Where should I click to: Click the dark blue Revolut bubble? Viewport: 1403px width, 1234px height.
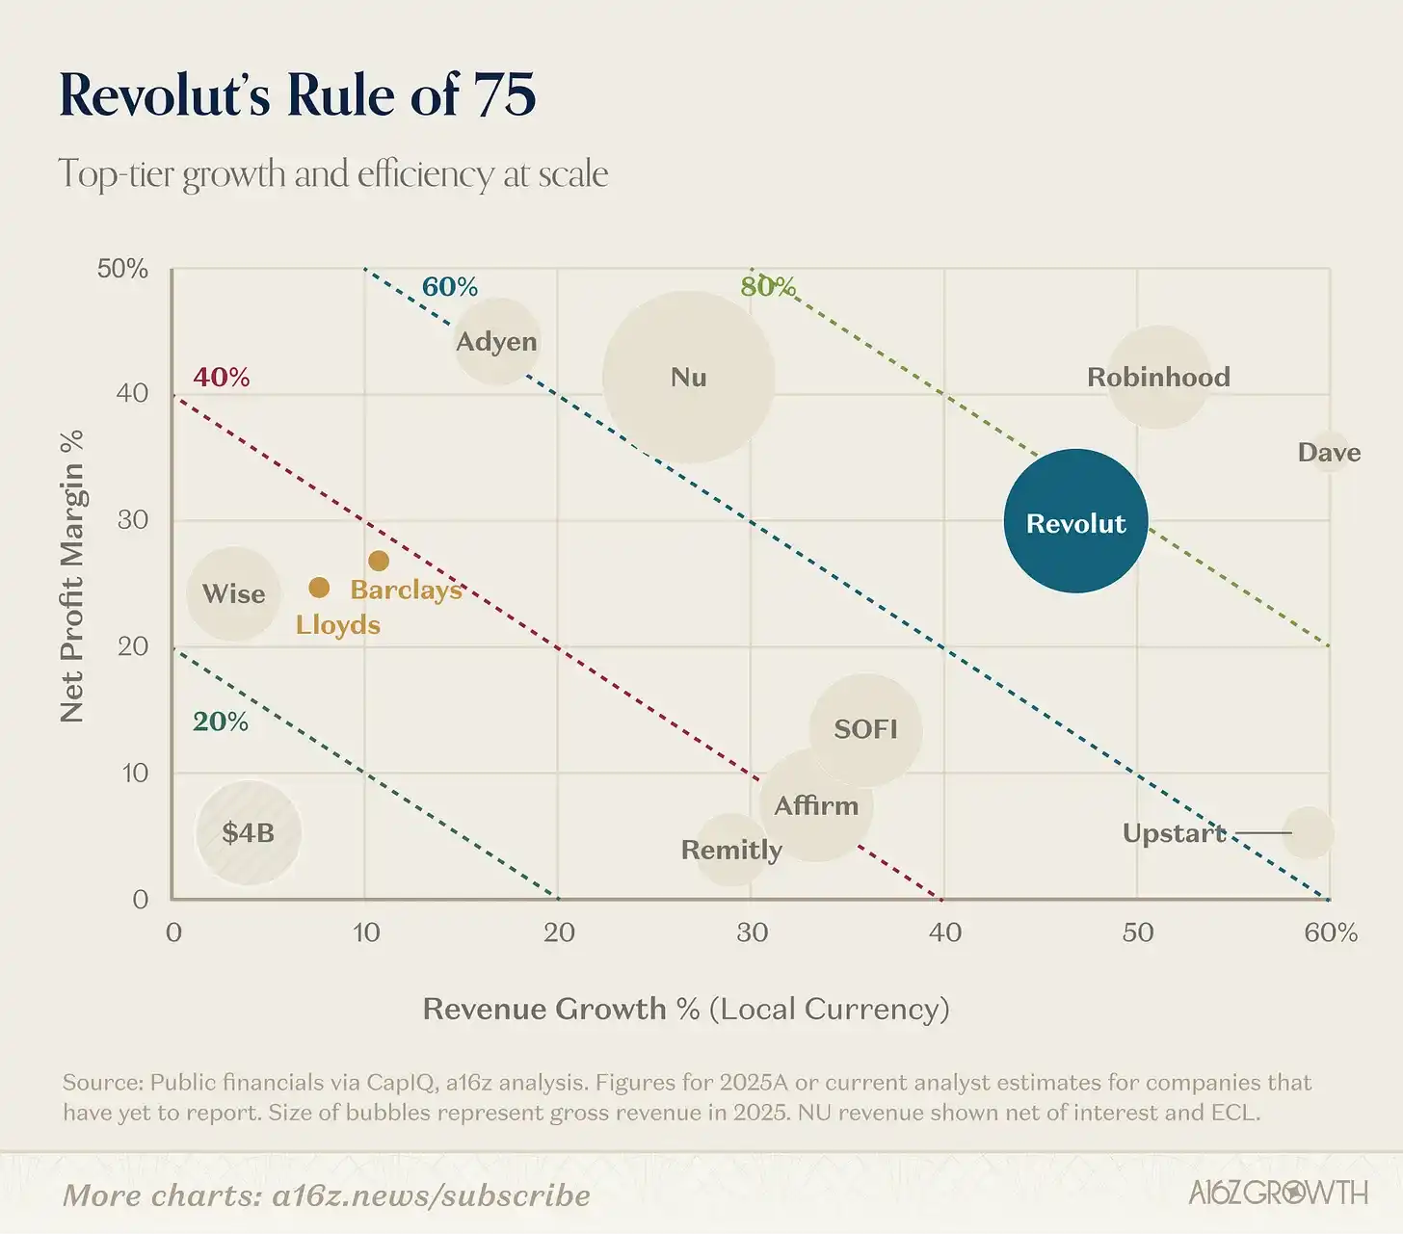point(1075,521)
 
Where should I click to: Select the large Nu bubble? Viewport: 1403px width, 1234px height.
point(688,377)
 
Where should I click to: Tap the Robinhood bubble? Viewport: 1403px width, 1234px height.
point(1158,377)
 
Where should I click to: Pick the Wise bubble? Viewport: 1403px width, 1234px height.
point(233,593)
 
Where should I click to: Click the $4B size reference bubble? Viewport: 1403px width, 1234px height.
point(249,832)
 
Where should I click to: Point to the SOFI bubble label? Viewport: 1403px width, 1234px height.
point(865,729)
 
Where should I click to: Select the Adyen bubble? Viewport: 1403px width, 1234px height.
point(496,341)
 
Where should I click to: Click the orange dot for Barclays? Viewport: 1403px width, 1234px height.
point(379,561)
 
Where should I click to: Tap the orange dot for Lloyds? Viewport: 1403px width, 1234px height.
point(319,588)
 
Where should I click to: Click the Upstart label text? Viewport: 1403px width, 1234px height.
point(1174,833)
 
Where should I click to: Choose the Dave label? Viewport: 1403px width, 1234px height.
point(1329,453)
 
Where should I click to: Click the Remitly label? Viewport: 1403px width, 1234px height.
point(731,850)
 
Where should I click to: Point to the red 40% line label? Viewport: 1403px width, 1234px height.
point(221,377)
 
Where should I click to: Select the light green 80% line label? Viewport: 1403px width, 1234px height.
point(768,286)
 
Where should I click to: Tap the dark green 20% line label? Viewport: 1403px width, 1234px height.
point(220,722)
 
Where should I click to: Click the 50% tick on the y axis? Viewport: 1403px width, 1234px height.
point(122,269)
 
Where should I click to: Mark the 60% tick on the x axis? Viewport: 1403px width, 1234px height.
point(1331,932)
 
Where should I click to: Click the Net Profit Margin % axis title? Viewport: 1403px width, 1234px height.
point(72,575)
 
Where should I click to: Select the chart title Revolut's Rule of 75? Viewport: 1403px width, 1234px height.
point(297,95)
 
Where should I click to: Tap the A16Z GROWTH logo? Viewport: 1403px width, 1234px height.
point(1277,1193)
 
